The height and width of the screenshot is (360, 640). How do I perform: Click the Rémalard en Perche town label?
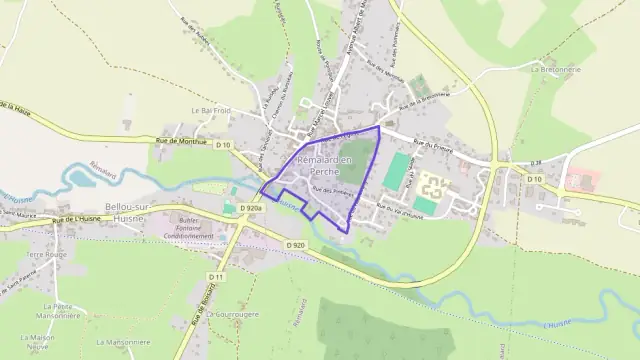tap(327, 166)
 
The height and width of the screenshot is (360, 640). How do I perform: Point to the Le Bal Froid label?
tap(211, 110)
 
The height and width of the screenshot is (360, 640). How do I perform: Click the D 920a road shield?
tap(249, 208)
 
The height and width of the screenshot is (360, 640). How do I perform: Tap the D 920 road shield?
tap(294, 245)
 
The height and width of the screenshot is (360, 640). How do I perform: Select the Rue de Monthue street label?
tap(181, 142)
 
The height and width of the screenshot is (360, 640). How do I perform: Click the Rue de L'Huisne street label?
tap(78, 218)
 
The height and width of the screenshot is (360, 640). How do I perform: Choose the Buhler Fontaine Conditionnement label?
tap(181, 227)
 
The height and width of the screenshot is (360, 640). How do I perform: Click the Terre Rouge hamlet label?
tap(45, 255)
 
